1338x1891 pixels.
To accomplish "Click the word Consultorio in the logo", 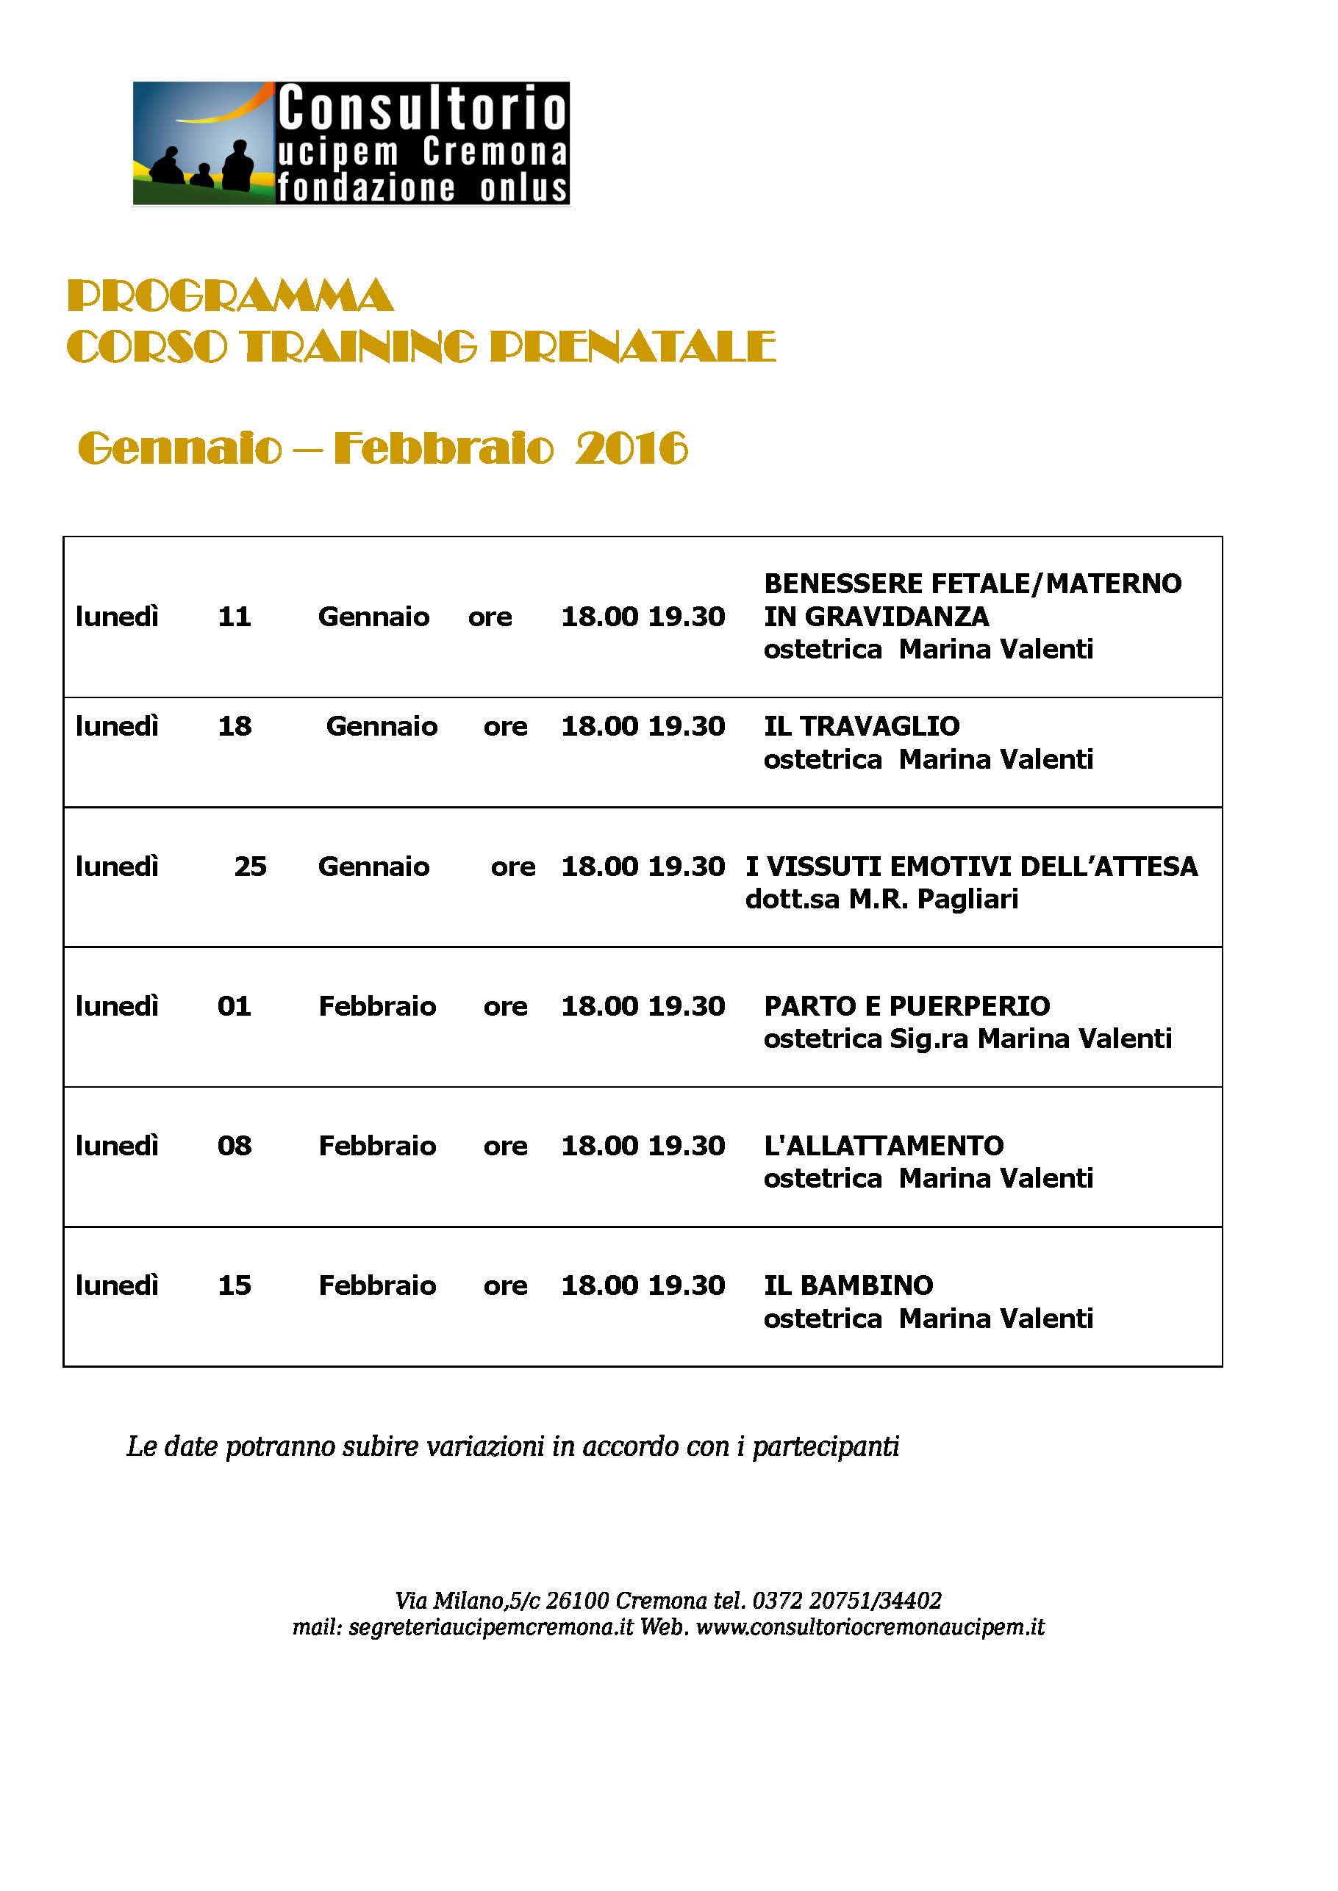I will (423, 109).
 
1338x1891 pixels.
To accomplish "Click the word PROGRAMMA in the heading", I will (230, 296).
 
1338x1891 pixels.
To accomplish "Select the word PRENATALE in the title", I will (632, 347).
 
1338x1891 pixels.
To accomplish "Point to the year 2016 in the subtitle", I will (631, 449).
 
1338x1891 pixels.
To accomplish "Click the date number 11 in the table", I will (234, 616).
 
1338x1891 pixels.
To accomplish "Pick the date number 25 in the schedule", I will (250, 866).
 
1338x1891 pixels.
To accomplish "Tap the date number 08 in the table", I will (234, 1145).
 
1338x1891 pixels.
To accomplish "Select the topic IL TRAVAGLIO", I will (861, 725).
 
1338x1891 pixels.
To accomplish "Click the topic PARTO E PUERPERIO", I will (906, 1005).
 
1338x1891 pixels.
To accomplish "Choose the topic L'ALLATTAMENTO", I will (883, 1145).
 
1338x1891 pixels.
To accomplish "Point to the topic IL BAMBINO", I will (848, 1285).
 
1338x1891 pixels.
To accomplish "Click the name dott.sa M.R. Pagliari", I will (881, 899).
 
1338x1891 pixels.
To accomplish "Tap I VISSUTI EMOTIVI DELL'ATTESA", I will (971, 866).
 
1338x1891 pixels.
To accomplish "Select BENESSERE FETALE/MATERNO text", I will (972, 583).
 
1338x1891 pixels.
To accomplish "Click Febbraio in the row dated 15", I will (377, 1285).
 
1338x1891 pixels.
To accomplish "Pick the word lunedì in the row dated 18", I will (117, 725).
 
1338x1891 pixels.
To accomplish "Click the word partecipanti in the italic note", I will (826, 1446).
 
